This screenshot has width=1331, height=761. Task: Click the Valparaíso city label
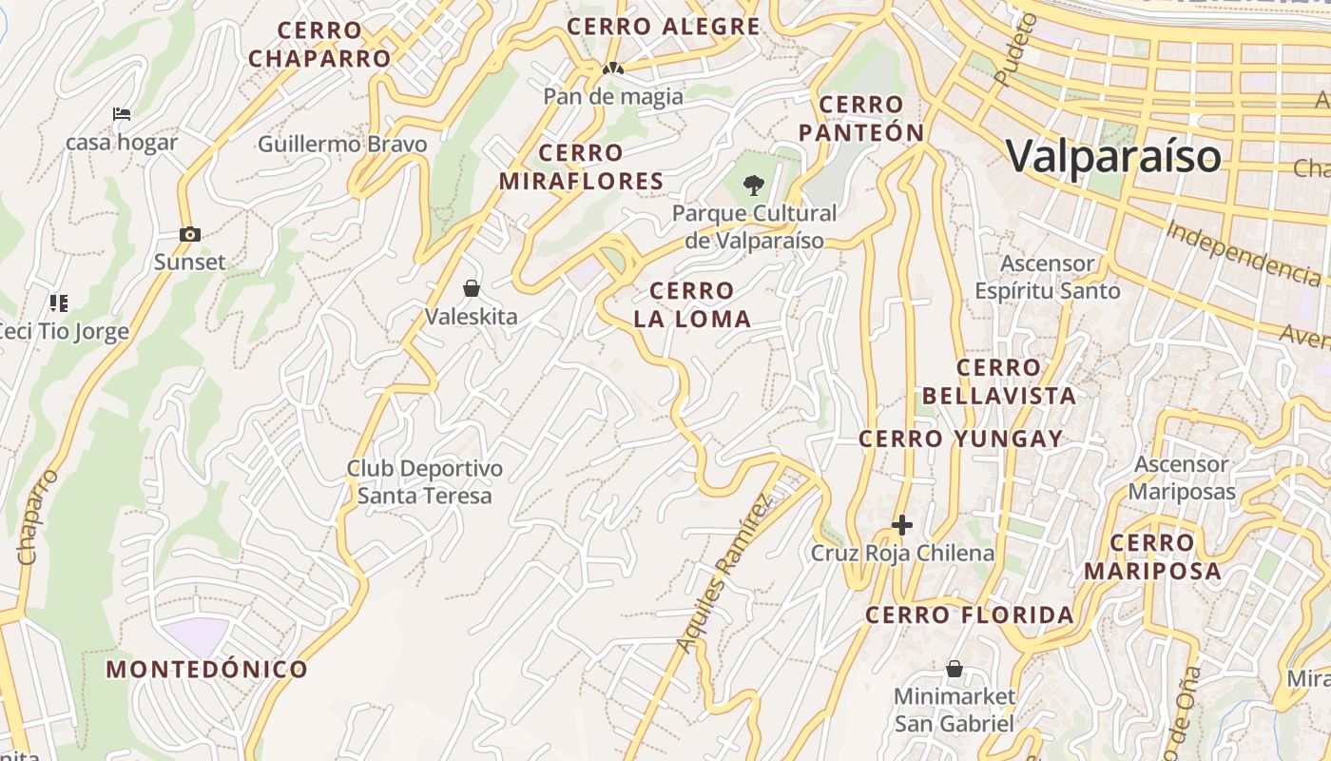[x=1112, y=156]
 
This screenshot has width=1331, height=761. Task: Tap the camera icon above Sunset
[x=189, y=234]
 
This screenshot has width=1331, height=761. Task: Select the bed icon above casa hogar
[x=122, y=114]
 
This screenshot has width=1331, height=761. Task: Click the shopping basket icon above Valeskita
[x=471, y=288]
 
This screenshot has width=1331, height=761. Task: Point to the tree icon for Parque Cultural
[x=754, y=185]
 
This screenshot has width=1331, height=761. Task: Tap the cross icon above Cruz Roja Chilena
[x=901, y=525]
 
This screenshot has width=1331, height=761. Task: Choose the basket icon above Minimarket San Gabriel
[x=955, y=670]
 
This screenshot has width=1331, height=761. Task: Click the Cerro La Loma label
[x=692, y=304]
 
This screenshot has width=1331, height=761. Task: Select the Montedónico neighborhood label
[x=206, y=669]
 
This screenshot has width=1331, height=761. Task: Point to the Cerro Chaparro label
[x=319, y=45]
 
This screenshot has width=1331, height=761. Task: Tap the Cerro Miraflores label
[x=581, y=166]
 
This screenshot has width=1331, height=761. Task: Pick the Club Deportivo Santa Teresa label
[x=424, y=482]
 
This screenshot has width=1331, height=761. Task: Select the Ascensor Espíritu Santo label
[x=1048, y=277]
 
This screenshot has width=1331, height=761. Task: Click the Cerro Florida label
[x=970, y=615]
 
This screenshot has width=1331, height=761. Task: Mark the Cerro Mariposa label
[x=1152, y=556]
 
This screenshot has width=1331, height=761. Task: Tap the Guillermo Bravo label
[x=342, y=145]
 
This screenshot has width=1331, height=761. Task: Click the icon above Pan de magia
[x=613, y=69]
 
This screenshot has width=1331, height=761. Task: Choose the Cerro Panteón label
[x=861, y=119]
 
